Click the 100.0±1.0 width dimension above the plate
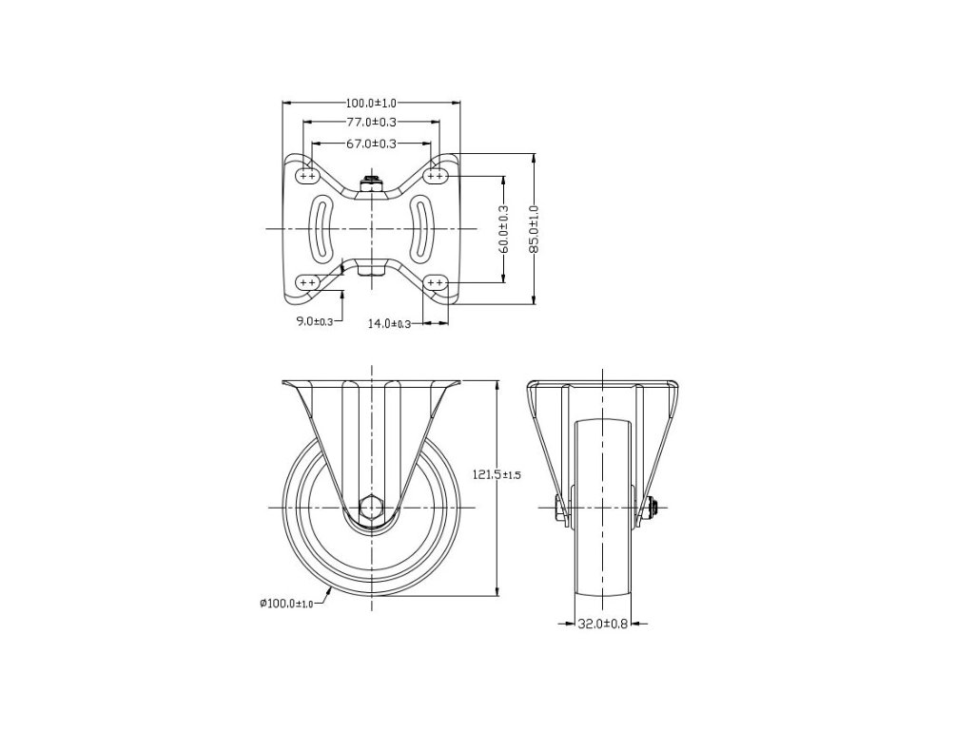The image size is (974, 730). (371, 102)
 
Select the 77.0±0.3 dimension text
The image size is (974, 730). (371, 123)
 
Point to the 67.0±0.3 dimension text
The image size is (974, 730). (371, 144)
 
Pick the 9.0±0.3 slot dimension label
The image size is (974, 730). (314, 321)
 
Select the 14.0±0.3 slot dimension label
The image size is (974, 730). (389, 324)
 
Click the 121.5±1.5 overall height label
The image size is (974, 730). (497, 473)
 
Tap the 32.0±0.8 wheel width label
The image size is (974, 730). (602, 624)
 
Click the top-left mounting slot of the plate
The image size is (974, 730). (307, 176)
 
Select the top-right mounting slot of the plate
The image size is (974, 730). (436, 176)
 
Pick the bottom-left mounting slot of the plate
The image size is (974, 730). (307, 282)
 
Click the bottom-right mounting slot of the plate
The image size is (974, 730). (436, 282)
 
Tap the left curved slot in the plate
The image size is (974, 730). (323, 228)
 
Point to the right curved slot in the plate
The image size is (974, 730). (420, 228)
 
